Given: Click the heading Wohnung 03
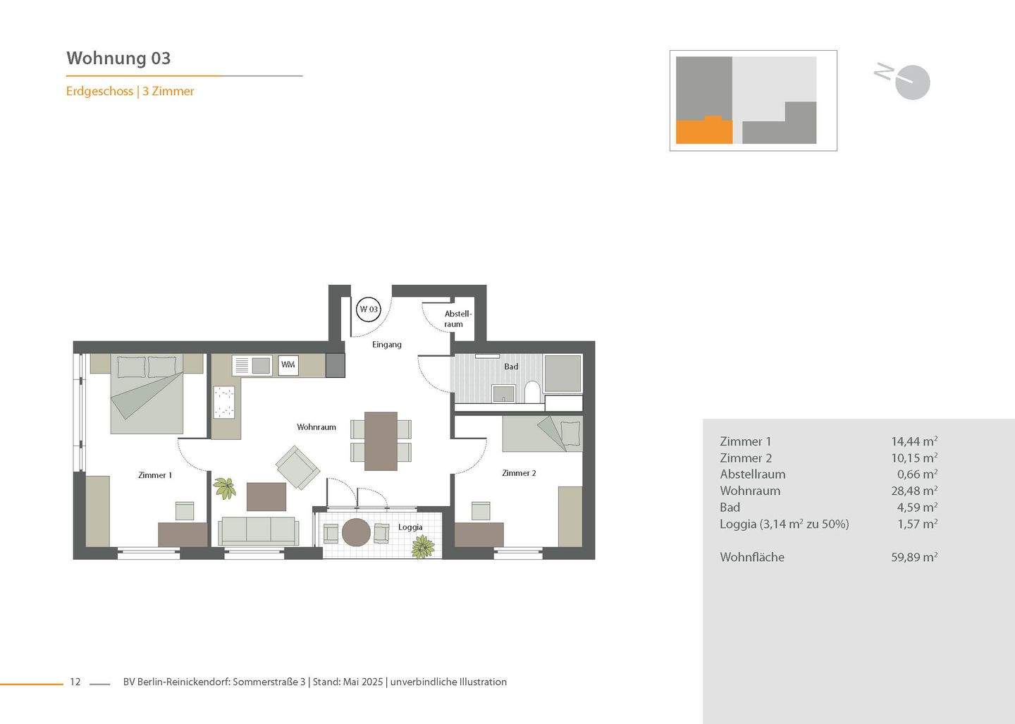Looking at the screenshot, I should tap(118, 58).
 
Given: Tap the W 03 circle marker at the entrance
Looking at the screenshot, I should tap(369, 309).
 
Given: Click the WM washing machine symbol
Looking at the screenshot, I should tap(288, 364).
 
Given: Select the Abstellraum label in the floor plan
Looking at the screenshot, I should tap(457, 319).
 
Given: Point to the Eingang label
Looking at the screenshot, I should tap(387, 345).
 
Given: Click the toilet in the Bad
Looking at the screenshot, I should tap(532, 392).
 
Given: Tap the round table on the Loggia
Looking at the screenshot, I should tap(356, 532).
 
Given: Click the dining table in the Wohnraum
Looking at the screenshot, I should tap(381, 441).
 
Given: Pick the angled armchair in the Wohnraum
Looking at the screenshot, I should tap(297, 467).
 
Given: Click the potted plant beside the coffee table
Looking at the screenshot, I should tap(225, 487).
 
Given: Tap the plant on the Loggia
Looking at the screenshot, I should tap(422, 546).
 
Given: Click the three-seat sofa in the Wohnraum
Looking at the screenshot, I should tap(258, 530).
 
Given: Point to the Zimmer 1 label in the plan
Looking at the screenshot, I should tap(155, 475).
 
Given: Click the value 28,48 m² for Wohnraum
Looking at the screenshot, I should tap(914, 491).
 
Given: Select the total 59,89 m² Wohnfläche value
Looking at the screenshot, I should tap(914, 557).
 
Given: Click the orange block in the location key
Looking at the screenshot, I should tap(703, 132).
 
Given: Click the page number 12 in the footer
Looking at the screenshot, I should tap(75, 682).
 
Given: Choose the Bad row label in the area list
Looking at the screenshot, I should tap(730, 507).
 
